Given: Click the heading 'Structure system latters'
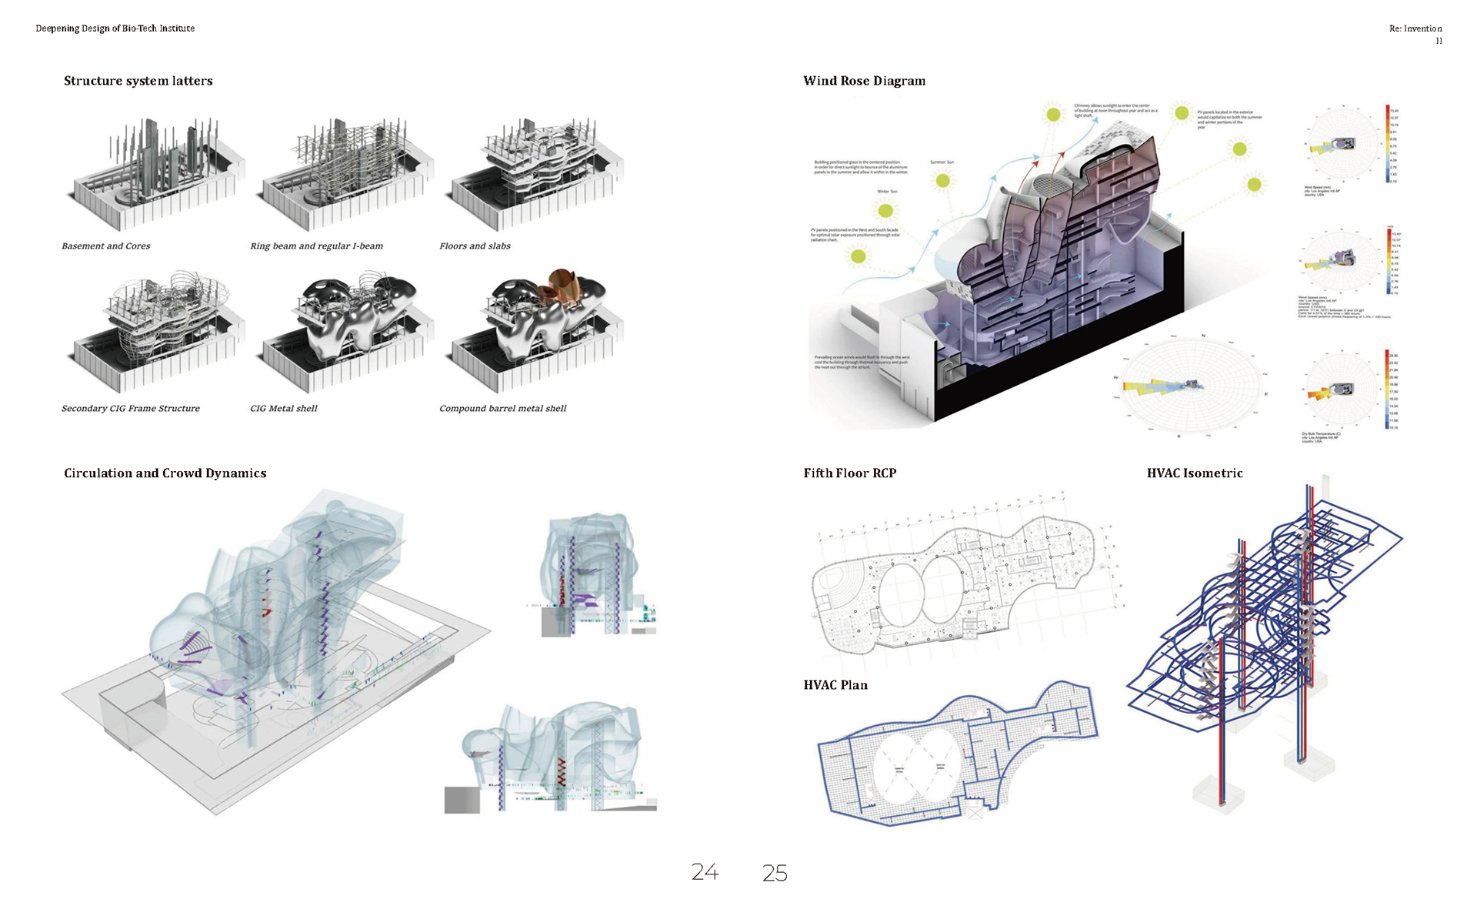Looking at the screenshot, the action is pos(138,81).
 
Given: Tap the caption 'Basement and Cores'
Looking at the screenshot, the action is pos(106,246).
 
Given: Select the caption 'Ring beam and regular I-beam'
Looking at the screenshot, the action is pos(316,246).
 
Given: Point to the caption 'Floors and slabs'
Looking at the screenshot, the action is pos(475,246).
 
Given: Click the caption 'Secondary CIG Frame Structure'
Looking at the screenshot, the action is pos(131,409).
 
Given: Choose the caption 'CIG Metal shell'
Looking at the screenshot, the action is pos(283,409).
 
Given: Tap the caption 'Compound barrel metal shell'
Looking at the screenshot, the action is pos(502,409).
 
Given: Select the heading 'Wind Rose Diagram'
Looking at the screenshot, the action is pos(864,81).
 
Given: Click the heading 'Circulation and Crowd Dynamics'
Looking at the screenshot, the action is pos(165,473).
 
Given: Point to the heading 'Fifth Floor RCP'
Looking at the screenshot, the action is pos(850,473).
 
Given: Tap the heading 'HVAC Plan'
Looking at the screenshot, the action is pos(835,685).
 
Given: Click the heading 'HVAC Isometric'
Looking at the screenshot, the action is pos(1195,473).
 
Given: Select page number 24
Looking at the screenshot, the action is pos(705,872).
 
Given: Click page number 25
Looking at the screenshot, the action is pos(775,873).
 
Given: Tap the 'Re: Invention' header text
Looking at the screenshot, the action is pos(1415,28).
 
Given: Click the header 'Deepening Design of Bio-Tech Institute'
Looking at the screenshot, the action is pos(115,28).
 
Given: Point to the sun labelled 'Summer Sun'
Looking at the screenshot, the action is pos(942,181).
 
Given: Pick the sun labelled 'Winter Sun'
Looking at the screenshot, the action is pos(885,210).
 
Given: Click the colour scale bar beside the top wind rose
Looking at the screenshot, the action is pos(1388,143).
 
